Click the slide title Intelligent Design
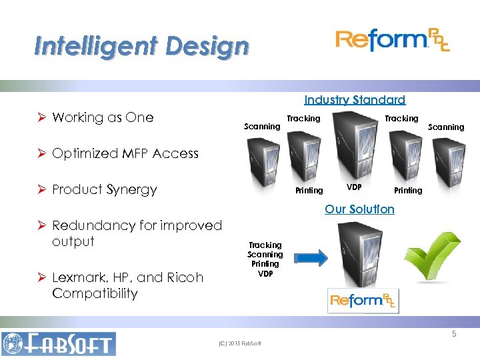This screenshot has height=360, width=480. [x=141, y=47]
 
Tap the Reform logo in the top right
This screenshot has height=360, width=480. [x=392, y=41]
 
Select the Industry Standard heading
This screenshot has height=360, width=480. [x=354, y=100]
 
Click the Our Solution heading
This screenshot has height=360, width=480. [x=359, y=209]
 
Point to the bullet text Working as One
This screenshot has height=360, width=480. [x=103, y=117]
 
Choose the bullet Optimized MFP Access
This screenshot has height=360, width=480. [x=125, y=153]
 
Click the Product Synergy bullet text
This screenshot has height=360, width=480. [x=105, y=189]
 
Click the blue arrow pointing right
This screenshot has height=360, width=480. [x=310, y=257]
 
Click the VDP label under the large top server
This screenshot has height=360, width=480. [x=354, y=187]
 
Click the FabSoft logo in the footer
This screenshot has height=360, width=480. [x=59, y=344]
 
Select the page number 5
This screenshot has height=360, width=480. [x=454, y=334]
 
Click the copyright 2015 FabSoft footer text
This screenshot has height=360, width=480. [x=239, y=344]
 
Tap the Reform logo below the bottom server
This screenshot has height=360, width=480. [x=363, y=300]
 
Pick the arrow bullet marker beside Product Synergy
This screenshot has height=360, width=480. [x=42, y=189]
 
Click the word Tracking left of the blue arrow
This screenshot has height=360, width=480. [x=265, y=245]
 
